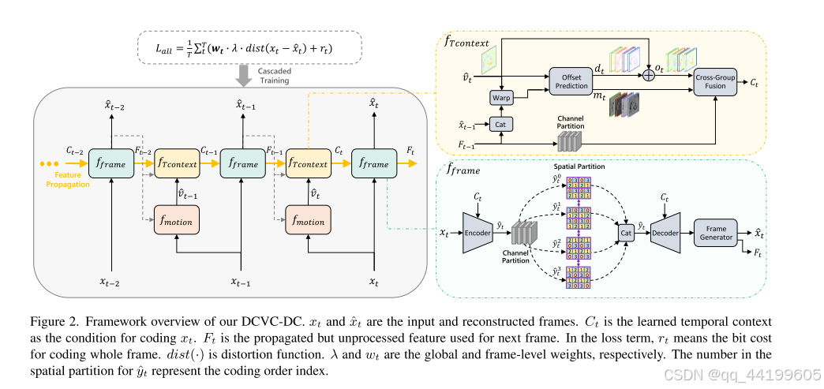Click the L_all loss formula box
pos(249,47)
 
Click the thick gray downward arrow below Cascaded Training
pos(244,77)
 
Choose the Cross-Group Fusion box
pos(715,81)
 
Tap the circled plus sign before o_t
pos(650,75)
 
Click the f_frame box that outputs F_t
pos(374,164)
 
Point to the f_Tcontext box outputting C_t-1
pos(178,164)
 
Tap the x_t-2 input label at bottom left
pos(110,281)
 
